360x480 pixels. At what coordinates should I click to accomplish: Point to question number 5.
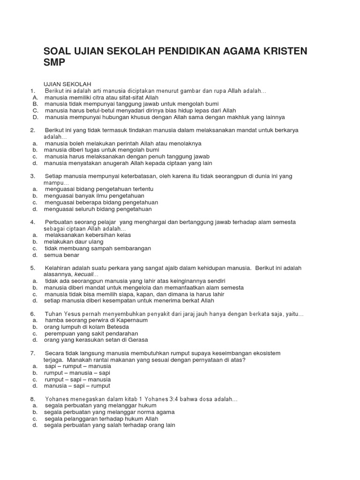coord(33,268)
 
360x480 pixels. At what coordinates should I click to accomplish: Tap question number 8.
coord(33,399)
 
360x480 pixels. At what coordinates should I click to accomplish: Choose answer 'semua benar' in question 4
coord(61,255)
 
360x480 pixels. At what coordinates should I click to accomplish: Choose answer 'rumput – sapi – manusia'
coord(77,379)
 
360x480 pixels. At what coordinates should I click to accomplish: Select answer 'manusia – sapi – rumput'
coord(77,386)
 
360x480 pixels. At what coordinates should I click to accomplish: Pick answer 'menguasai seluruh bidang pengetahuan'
coord(97,209)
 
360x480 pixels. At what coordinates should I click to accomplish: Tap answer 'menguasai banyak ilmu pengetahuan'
coord(94,195)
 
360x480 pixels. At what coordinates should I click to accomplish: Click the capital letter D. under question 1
coord(35,117)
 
